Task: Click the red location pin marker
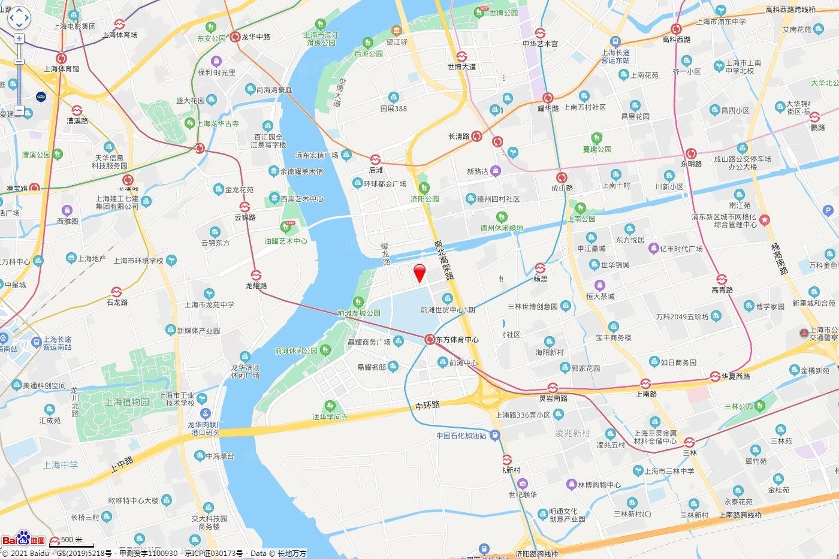420,273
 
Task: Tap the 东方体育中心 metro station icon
430,340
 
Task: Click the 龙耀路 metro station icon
256,276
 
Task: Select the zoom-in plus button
19,38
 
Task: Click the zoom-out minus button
19,110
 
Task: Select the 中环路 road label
428,406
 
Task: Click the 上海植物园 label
127,401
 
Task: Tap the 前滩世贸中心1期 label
448,310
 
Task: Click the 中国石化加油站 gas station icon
495,436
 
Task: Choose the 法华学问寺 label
330,416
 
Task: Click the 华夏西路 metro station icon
715,376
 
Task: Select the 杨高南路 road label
780,259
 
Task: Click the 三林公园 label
738,406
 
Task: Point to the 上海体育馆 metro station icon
61,58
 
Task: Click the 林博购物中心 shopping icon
571,484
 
